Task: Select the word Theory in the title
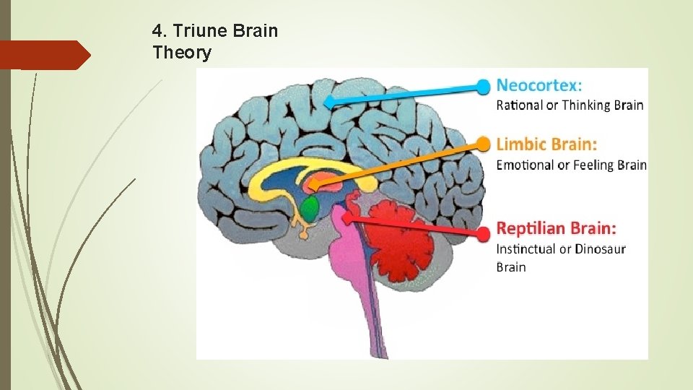tap(182, 53)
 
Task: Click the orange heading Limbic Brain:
tap(546, 144)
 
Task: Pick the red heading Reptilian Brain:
tap(557, 229)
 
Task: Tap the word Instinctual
tap(531, 249)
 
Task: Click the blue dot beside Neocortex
tap(484, 87)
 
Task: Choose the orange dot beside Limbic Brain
tap(484, 144)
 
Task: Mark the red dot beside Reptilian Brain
tap(484, 233)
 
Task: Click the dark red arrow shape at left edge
tap(45, 55)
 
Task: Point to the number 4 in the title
tap(157, 31)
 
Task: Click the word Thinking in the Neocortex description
tap(587, 105)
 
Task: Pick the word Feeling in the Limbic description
tap(594, 165)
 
